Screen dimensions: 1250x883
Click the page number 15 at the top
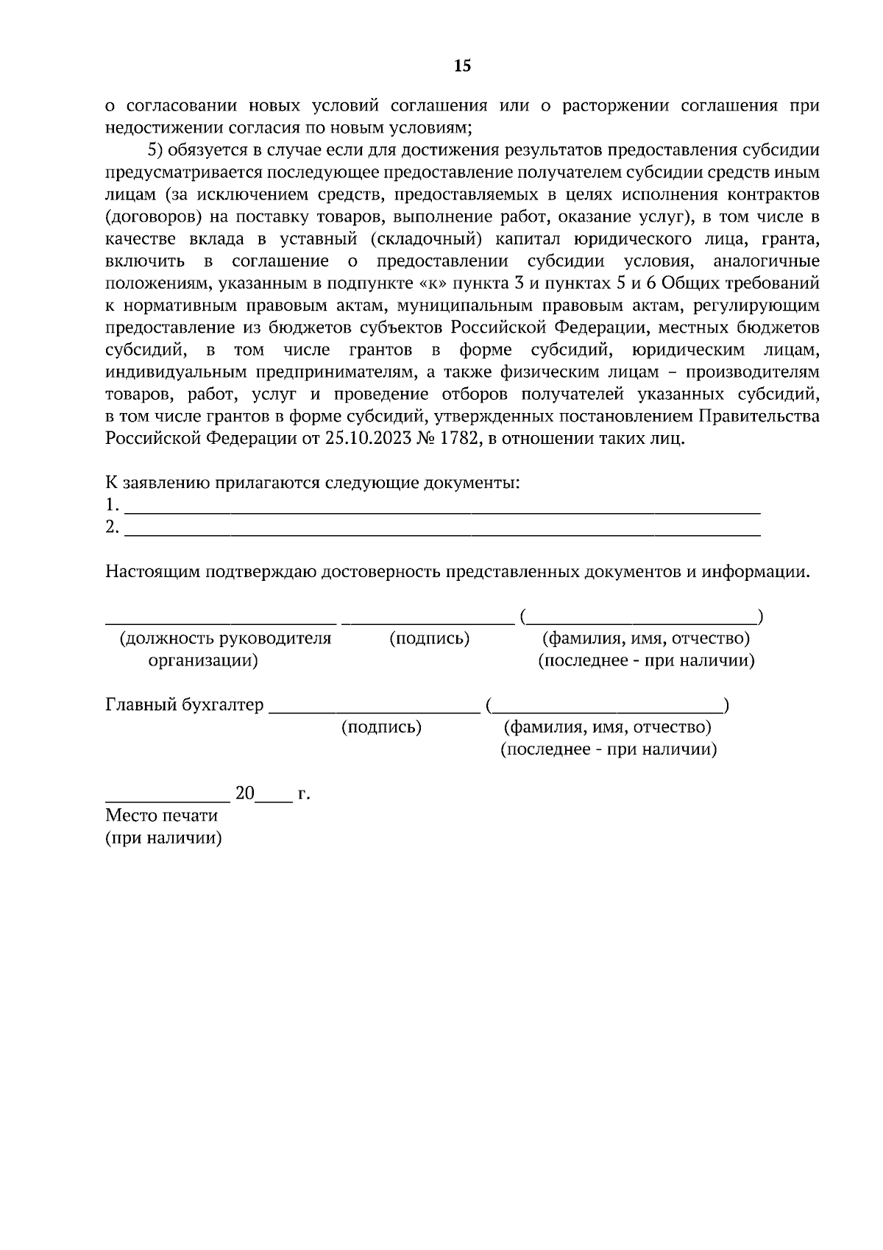click(x=462, y=66)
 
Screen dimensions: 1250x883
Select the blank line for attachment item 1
click(x=441, y=506)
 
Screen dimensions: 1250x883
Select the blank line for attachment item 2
click(x=441, y=529)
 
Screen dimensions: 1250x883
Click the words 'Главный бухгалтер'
click(x=185, y=705)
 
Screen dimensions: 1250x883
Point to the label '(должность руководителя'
click(x=225, y=638)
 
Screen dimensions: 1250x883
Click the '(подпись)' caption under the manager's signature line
click(x=429, y=638)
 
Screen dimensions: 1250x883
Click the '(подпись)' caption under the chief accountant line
click(x=381, y=727)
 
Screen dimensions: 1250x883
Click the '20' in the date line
click(x=244, y=794)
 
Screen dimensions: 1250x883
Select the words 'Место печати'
click(x=162, y=816)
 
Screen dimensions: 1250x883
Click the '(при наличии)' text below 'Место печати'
click(x=163, y=838)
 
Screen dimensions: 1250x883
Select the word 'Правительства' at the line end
click(x=759, y=417)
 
